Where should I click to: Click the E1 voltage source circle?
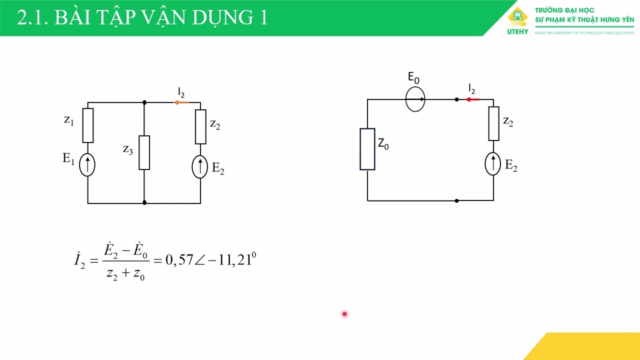coord(87,165)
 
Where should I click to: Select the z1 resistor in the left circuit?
coord(88,125)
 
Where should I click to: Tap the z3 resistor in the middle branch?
coord(144,152)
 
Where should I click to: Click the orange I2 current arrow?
coord(181,102)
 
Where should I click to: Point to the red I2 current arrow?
coord(472,99)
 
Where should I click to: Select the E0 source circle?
coord(415,99)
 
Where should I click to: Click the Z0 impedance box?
coord(367,149)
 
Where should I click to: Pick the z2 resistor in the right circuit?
coord(493,123)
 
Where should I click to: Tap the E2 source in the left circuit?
coord(200,166)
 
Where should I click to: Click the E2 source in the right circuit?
coord(493,164)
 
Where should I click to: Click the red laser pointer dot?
coord(344,314)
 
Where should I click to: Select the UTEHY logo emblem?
coord(517,18)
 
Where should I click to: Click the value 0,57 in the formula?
coord(179,260)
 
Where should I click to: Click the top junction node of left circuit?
coord(144,102)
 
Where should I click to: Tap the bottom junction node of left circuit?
coord(144,202)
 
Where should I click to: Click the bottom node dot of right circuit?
coord(456,200)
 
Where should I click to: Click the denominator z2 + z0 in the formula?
coord(125,273)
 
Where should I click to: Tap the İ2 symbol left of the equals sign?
coord(80,260)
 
